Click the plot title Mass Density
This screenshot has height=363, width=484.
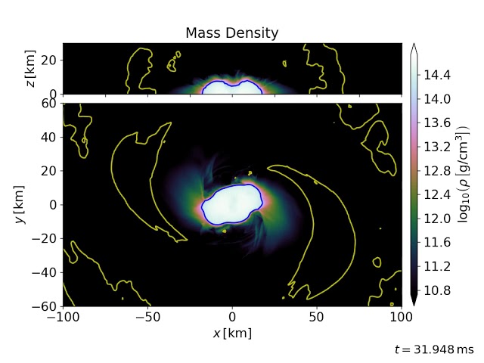pos(231,33)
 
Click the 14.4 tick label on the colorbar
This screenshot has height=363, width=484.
pos(436,75)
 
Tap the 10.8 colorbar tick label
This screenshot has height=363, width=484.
pos(436,290)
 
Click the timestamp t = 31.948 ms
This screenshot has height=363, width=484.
pos(433,349)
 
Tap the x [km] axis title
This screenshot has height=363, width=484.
pos(231,333)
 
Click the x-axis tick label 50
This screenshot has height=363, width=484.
pos(317,317)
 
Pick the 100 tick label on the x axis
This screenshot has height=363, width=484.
pos(401,317)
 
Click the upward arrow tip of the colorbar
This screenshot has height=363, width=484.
pos(414,46)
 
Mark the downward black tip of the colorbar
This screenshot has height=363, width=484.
pos(414,302)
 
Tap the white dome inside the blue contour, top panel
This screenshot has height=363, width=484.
pos(231,88)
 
